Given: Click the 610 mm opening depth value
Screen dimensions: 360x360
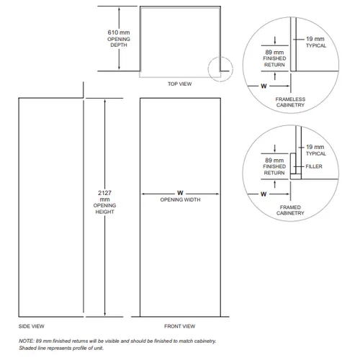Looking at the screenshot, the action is tap(119, 32).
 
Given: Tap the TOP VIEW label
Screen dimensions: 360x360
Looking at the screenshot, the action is tap(179, 84).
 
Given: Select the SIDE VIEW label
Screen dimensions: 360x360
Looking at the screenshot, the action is tap(32, 326).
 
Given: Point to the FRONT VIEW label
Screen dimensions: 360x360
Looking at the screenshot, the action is tap(180, 326).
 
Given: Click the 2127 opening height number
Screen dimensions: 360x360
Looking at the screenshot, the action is tap(104, 193).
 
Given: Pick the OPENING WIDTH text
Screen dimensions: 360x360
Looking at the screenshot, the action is tap(180, 199).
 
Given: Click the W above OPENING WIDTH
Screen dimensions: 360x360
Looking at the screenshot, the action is tap(180, 193).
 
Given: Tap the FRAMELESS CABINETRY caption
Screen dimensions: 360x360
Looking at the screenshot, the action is tap(290, 102).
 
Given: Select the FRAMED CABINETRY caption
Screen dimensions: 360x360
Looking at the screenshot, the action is tap(290, 210).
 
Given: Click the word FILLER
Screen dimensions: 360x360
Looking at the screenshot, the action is tap(314, 166).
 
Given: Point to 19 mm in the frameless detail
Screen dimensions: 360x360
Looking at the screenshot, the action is tap(315, 39).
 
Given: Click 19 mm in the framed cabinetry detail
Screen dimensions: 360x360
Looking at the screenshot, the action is tap(315, 147).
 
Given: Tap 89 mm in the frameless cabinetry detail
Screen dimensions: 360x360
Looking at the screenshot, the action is tap(274, 53).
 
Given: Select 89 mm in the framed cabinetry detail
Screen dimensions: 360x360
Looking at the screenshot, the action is tap(274, 161).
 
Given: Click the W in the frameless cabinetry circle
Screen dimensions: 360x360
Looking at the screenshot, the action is tap(264, 86).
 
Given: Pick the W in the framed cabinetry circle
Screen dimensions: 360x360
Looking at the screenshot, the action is tap(264, 194).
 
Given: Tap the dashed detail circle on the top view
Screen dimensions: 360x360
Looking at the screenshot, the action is tap(208, 69).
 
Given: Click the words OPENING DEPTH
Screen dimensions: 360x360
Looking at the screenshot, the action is tap(119, 42).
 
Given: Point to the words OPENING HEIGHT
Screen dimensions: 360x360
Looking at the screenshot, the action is tap(104, 209).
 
